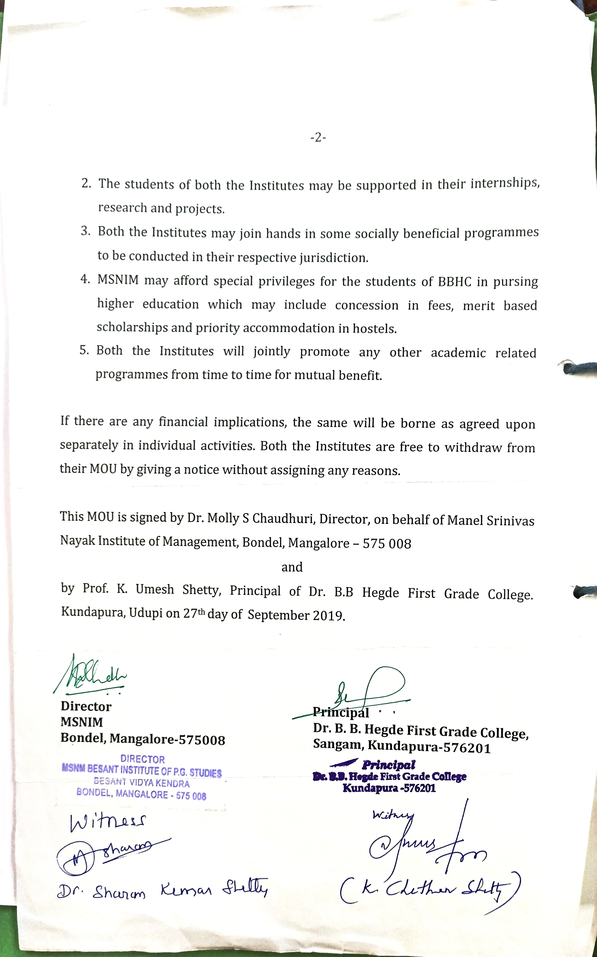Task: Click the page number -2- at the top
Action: click(x=318, y=138)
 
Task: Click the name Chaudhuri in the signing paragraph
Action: click(x=284, y=518)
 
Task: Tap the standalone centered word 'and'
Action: click(x=292, y=567)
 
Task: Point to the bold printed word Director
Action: click(x=86, y=706)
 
